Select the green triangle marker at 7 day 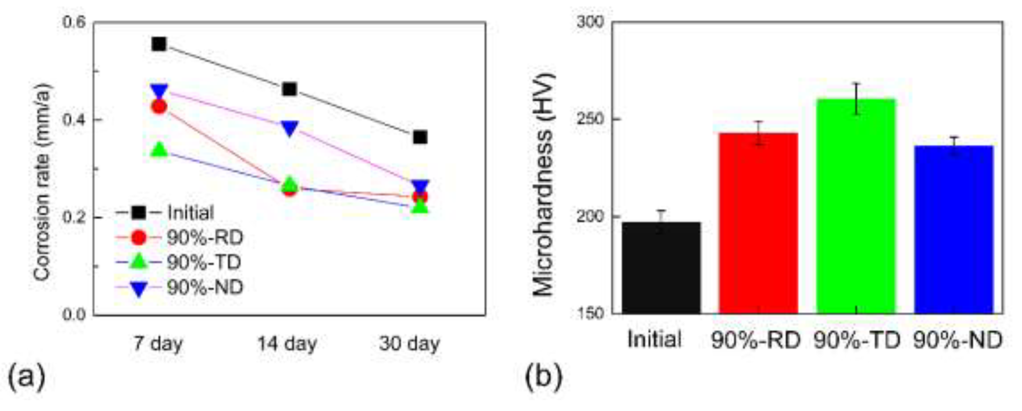(159, 150)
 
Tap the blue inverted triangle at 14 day (289, 128)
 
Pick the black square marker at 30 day (420, 137)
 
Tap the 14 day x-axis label (287, 343)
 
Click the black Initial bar (661, 268)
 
